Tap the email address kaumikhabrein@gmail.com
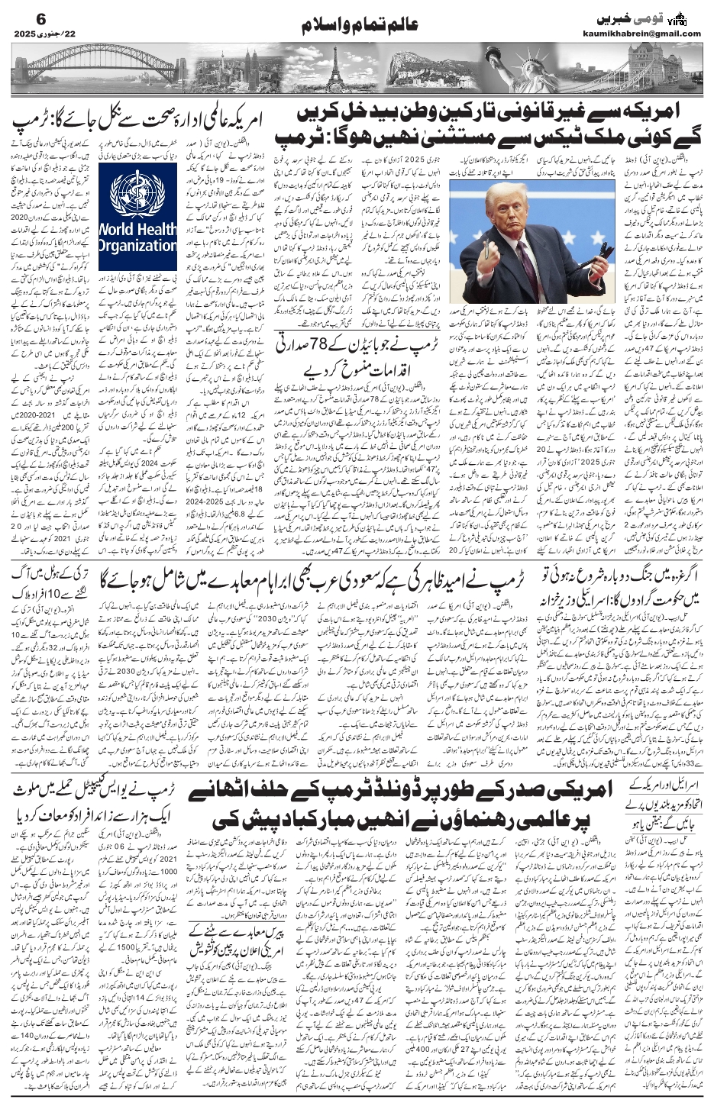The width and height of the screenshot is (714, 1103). click(650, 34)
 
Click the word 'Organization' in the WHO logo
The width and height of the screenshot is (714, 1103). click(137, 246)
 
